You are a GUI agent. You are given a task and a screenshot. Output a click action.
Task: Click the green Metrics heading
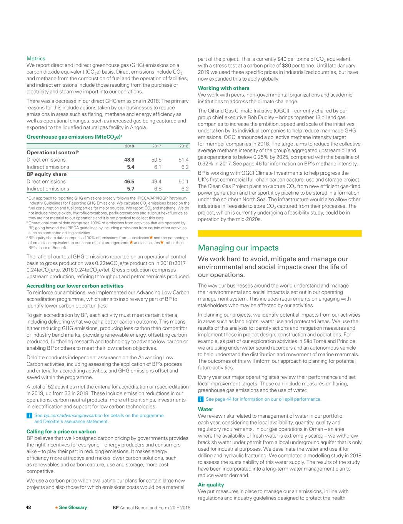[x=36, y=59]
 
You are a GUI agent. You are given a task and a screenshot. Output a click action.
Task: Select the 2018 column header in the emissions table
[x=129, y=146]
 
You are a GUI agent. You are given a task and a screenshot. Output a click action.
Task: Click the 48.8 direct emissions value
[x=129, y=160]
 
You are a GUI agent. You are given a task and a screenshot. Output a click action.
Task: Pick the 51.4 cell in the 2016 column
[x=183, y=160]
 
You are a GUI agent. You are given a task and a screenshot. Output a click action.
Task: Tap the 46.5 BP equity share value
[x=129, y=182]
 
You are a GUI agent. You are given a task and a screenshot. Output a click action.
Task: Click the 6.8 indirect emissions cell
[x=157, y=189]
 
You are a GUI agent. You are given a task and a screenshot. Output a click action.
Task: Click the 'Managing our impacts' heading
[x=238, y=248]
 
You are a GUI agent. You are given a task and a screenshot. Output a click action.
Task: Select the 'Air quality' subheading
[x=211, y=485]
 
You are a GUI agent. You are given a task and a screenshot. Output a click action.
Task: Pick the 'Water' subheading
[x=205, y=410]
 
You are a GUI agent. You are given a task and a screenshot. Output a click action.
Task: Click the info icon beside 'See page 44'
[x=200, y=399]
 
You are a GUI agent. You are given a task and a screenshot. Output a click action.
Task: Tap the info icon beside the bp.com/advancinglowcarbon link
[x=29, y=416]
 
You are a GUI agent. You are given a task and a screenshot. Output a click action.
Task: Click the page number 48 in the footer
[x=28, y=507]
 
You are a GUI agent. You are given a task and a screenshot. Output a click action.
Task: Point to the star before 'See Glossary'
[x=56, y=507]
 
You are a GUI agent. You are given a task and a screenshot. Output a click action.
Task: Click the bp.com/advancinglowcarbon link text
[x=73, y=415]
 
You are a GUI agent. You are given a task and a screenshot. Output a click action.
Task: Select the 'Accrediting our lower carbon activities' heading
[x=75, y=286]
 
